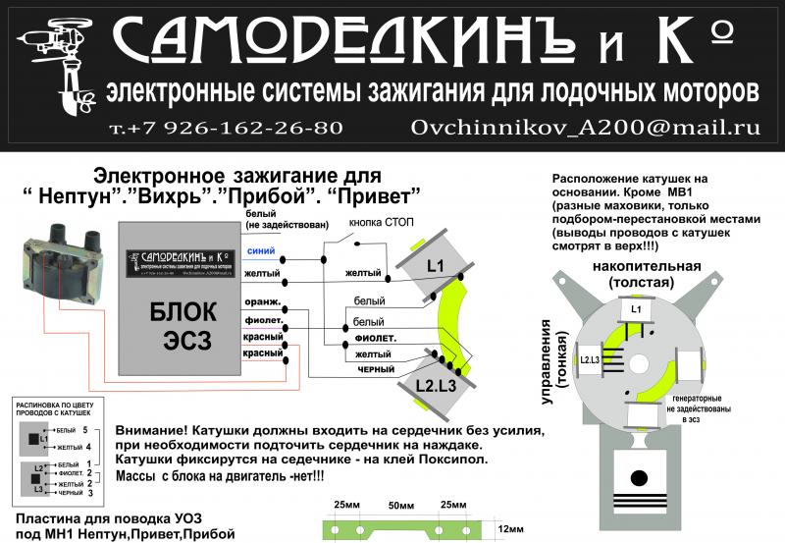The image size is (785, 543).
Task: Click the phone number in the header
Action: coord(227,128)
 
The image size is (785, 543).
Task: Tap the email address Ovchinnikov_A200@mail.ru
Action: coord(586,128)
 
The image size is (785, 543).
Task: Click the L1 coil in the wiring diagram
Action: coord(436,266)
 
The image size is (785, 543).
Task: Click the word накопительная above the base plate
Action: coord(645,266)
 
